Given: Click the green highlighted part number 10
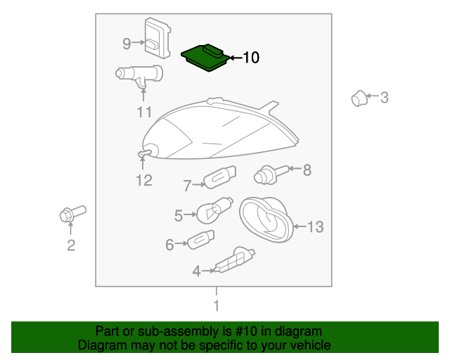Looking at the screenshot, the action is click(x=205, y=58).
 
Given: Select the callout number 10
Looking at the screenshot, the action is click(x=251, y=58).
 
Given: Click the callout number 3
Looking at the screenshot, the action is click(x=385, y=98).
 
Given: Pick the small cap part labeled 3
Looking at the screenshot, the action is click(x=359, y=98).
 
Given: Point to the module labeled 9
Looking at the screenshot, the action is click(x=157, y=38).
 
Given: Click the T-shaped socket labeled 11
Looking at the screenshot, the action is click(x=139, y=75).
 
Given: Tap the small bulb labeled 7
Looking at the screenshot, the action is click(x=220, y=177).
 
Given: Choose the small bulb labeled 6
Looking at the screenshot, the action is click(x=200, y=240).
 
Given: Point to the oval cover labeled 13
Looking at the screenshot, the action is click(x=266, y=219).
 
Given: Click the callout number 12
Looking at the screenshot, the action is click(x=143, y=181).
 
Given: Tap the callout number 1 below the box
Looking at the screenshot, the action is click(x=217, y=305).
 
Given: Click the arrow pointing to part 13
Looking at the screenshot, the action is click(x=300, y=226).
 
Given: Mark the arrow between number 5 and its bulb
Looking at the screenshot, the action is click(x=191, y=214).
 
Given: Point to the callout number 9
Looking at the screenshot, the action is click(x=127, y=44).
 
